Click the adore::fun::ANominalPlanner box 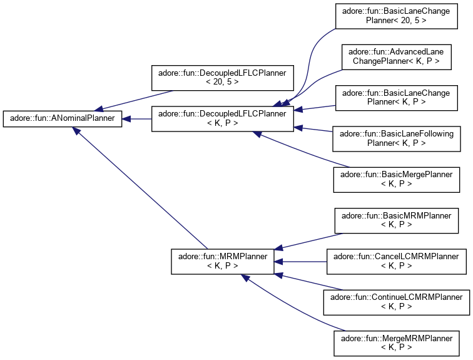point(62,118)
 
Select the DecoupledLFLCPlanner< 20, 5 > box point(223,78)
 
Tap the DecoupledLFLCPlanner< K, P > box point(223,118)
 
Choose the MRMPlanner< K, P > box point(222,261)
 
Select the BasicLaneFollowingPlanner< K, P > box point(397,138)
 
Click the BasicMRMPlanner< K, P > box point(393,220)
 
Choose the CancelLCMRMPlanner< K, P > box point(396,261)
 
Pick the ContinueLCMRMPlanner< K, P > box point(396,302)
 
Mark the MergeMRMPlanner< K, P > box point(396,342)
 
